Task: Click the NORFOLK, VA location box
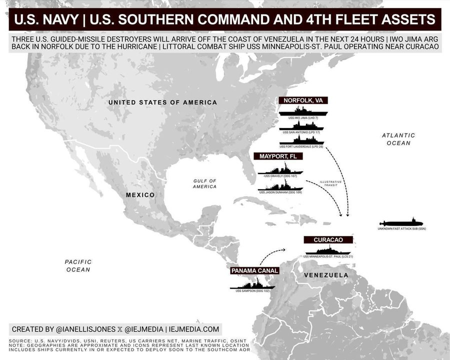point(303,100)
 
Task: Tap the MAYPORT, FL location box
point(280,156)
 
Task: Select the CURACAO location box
point(328,240)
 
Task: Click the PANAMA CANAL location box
point(254,271)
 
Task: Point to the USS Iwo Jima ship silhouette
point(303,111)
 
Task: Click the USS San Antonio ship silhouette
point(301,125)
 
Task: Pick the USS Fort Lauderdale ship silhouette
point(301,139)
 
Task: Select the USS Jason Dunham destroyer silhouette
point(280,185)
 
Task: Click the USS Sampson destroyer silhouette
point(252,284)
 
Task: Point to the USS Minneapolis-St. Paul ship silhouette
point(328,250)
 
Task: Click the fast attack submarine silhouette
point(401,222)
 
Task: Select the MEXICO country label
point(140,195)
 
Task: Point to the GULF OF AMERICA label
point(205,183)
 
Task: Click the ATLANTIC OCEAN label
point(398,139)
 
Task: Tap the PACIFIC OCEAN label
point(78,265)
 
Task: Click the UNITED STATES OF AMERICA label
point(163,102)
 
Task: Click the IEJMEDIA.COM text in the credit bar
point(194,329)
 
